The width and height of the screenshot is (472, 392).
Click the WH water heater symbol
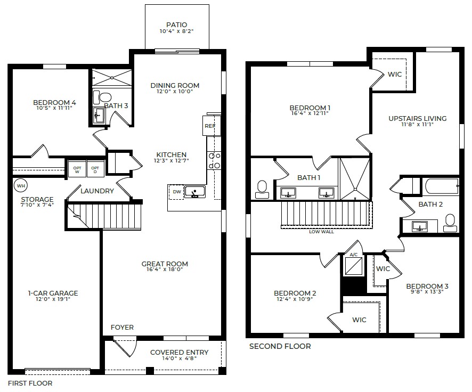click(21, 186)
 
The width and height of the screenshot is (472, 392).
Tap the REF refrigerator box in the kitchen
click(209, 126)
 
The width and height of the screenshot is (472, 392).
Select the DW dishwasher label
click(176, 192)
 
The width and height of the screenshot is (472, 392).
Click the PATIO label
click(177, 24)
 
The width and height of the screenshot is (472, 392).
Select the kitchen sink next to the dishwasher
click(194, 192)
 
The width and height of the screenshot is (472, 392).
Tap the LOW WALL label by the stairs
click(322, 232)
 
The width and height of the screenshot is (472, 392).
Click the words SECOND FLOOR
click(280, 346)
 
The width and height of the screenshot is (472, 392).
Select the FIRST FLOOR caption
click(30, 383)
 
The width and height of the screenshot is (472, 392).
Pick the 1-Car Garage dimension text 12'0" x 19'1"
click(53, 299)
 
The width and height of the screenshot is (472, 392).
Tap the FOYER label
click(122, 327)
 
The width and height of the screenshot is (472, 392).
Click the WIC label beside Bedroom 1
click(395, 75)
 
